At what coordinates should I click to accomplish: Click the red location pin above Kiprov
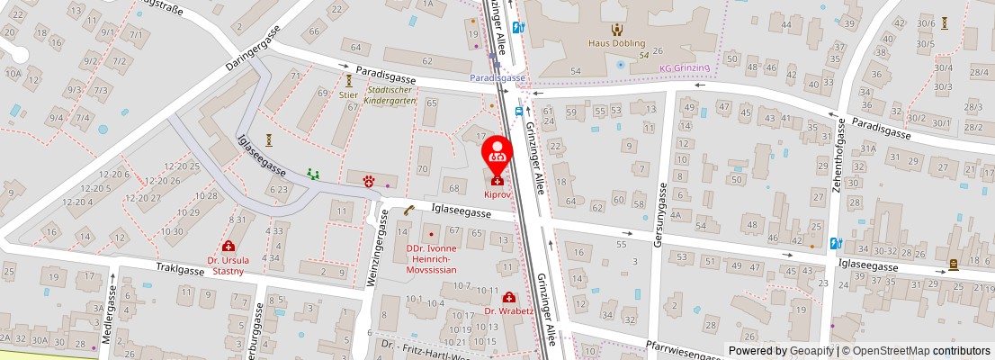(x=497, y=154)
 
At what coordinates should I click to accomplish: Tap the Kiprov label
(x=497, y=194)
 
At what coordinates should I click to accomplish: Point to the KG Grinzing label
(x=684, y=67)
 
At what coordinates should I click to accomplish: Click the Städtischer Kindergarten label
(x=390, y=95)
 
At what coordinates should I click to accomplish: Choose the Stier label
(x=348, y=94)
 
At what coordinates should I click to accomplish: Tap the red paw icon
(x=369, y=181)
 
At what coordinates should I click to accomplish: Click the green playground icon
(x=312, y=173)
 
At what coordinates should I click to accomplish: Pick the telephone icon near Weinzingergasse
(x=408, y=211)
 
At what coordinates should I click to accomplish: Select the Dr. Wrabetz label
(x=509, y=311)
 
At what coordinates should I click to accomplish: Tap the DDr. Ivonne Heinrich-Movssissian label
(x=431, y=258)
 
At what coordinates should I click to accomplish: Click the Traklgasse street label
(x=181, y=268)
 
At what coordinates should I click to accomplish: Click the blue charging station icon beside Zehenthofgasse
(x=836, y=243)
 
